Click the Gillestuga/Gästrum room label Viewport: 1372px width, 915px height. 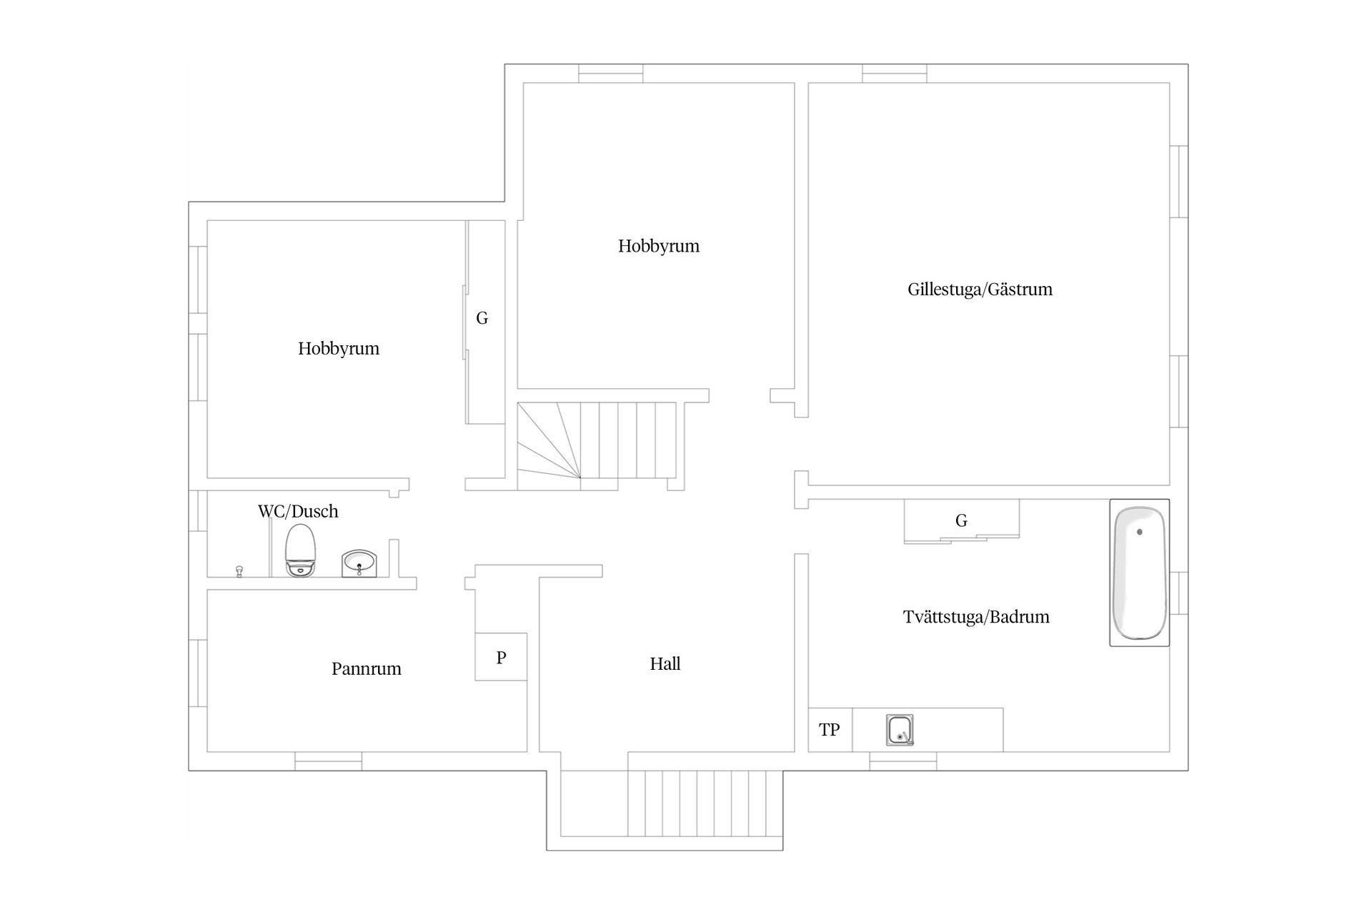980,290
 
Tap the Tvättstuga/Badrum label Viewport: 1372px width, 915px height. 976,617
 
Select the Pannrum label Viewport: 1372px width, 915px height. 366,669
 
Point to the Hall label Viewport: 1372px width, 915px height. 665,664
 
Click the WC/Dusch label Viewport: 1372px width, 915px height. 298,511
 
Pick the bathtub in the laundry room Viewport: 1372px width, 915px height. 1139,573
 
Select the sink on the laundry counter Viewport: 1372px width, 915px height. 900,731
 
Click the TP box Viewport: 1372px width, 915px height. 830,730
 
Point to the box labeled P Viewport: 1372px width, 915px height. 501,657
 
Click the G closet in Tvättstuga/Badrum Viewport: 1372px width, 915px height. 961,520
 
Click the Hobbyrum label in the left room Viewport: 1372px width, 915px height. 338,349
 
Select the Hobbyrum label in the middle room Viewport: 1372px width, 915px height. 658,247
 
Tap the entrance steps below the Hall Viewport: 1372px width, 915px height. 705,803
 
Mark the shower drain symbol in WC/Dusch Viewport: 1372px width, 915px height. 239,570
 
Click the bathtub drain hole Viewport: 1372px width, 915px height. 1139,532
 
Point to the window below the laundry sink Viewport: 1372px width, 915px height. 903,765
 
